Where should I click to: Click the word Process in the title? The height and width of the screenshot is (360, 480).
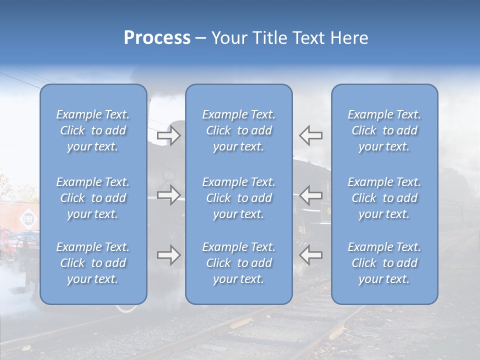pyautogui.click(x=157, y=38)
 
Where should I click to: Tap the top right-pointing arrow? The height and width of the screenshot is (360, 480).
pyautogui.click(x=169, y=135)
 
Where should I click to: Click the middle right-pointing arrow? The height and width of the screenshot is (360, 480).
pyautogui.click(x=169, y=194)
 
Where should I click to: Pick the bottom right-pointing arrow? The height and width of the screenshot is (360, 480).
pyautogui.click(x=169, y=255)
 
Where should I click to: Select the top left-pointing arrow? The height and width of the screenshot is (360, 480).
pyautogui.click(x=310, y=135)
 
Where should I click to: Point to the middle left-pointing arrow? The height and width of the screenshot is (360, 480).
pyautogui.click(x=310, y=194)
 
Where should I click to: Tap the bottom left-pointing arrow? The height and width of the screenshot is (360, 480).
pyautogui.click(x=310, y=255)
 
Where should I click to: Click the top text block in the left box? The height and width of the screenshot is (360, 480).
pyautogui.click(x=93, y=130)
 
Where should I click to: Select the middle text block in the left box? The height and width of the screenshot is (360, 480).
pyautogui.click(x=93, y=198)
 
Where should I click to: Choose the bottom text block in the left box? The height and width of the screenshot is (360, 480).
pyautogui.click(x=93, y=263)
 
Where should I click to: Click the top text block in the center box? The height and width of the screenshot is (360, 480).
pyautogui.click(x=239, y=130)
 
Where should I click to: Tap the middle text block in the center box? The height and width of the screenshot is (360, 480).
pyautogui.click(x=239, y=198)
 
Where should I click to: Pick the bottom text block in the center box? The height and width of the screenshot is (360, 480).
pyautogui.click(x=239, y=263)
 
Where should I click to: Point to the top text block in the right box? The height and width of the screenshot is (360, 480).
pyautogui.click(x=384, y=130)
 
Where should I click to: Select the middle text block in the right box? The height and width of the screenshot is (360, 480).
pyautogui.click(x=384, y=198)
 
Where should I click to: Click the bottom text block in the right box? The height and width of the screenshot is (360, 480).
pyautogui.click(x=384, y=263)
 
